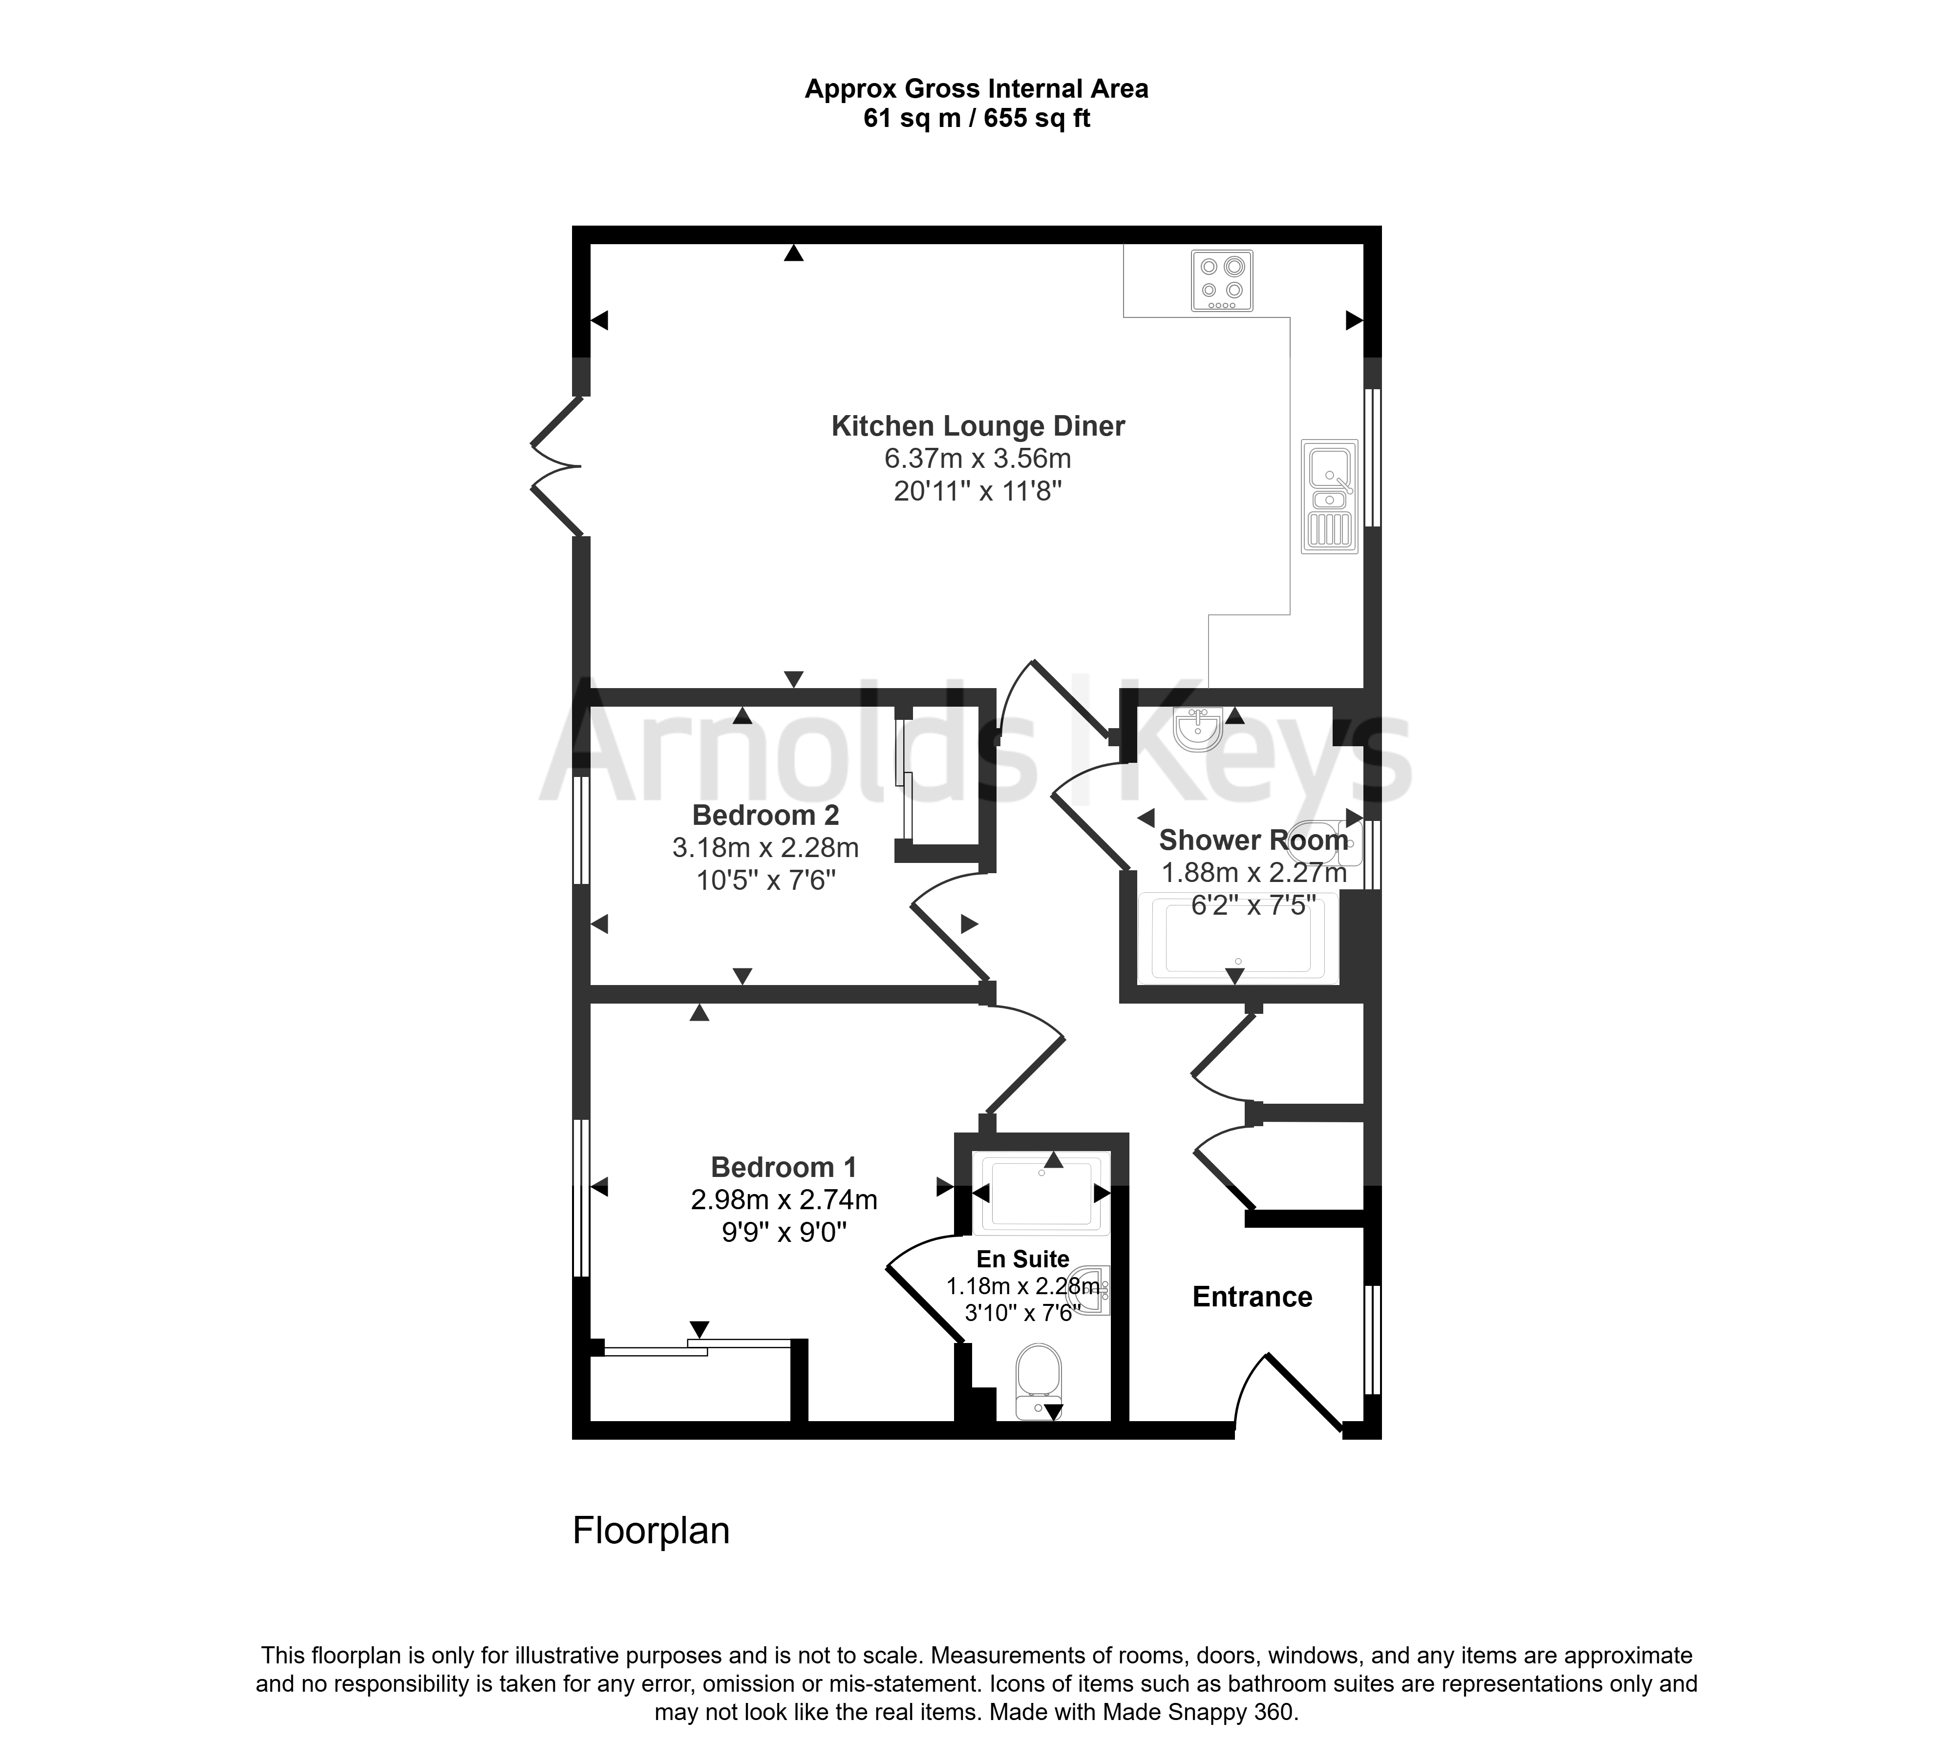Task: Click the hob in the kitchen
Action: [x=1222, y=281]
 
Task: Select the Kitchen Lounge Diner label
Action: [x=977, y=426]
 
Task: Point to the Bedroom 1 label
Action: [x=784, y=1167]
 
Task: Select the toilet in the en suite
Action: [x=1040, y=1381]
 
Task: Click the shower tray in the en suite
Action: [x=1041, y=1195]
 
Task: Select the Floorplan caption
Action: [x=651, y=1531]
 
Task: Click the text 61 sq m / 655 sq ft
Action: [x=977, y=118]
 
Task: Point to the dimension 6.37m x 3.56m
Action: [x=977, y=458]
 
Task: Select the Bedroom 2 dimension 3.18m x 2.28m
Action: [x=765, y=848]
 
